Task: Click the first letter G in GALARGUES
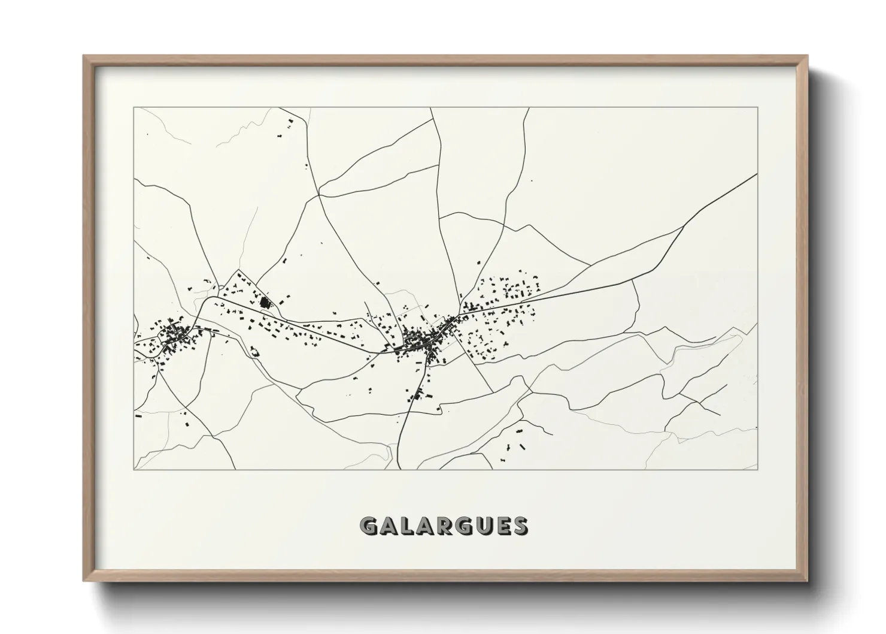click(369, 526)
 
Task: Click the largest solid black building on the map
click(264, 302)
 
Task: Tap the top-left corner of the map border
click(134, 108)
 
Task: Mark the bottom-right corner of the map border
click(757, 470)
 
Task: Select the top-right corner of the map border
click(757, 108)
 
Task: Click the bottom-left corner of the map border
click(134, 470)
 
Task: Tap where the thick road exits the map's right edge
click(757, 174)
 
